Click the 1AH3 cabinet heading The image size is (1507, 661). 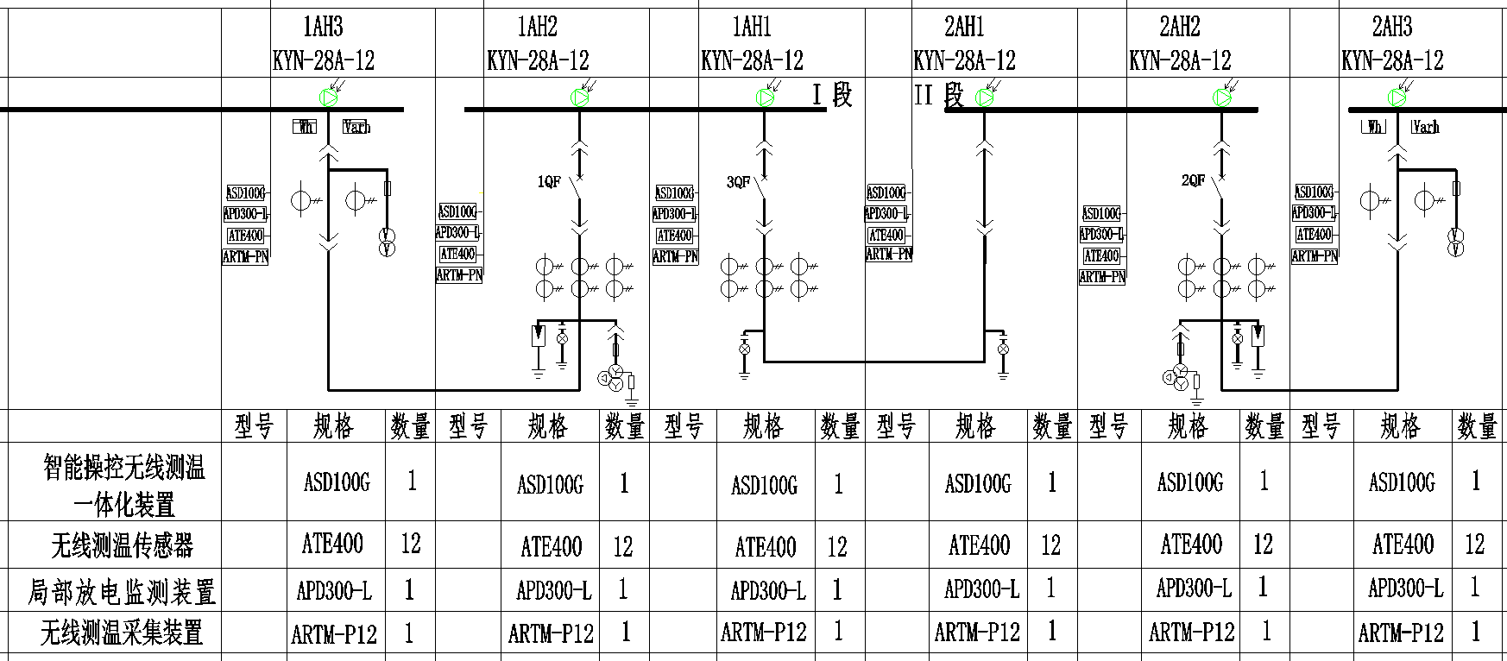click(324, 28)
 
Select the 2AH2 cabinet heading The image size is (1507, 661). click(1179, 28)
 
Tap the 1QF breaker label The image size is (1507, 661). click(549, 182)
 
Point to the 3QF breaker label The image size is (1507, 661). click(738, 182)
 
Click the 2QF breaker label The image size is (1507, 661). click(1193, 181)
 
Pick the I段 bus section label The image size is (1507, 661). click(832, 94)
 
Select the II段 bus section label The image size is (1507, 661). click(939, 94)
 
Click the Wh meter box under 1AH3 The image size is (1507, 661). click(305, 128)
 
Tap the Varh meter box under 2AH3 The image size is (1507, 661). click(1425, 128)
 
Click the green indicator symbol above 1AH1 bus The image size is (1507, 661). click(765, 98)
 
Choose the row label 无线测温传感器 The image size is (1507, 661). click(122, 545)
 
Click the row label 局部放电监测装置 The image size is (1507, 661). click(122, 592)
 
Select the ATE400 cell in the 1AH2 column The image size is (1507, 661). click(551, 546)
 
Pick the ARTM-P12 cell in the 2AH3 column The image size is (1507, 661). click(1401, 633)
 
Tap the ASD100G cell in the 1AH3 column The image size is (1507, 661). click(337, 482)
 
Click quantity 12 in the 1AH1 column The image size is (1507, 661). click(837, 546)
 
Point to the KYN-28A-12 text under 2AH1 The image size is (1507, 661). click(964, 60)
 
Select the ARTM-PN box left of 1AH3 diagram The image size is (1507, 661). click(245, 256)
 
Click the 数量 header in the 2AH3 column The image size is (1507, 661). click(1477, 426)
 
